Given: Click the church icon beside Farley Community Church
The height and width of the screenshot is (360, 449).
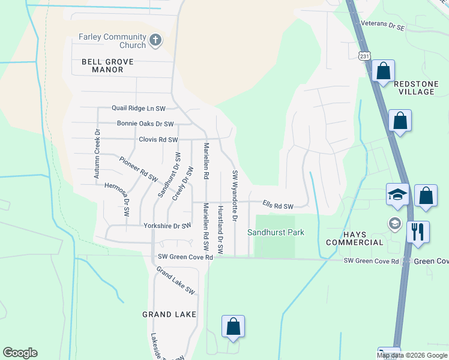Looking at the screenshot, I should click(x=155, y=41).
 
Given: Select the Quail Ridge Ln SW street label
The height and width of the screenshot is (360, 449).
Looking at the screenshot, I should click(x=138, y=109).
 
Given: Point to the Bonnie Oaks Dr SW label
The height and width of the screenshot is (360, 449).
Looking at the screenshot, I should click(x=145, y=124).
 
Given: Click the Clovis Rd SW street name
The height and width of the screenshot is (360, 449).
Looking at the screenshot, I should click(x=158, y=140).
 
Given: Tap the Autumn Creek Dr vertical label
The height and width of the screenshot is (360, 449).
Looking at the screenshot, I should click(x=95, y=153).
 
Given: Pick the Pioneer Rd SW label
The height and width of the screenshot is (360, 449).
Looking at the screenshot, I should click(x=137, y=170).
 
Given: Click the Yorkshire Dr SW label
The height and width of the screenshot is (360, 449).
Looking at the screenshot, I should click(x=167, y=226).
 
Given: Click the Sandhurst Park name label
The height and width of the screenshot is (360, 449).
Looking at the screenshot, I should click(x=276, y=232).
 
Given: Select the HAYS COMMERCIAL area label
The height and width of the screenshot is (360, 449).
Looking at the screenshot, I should click(x=354, y=238).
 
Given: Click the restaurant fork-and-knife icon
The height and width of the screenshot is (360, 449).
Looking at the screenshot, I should click(x=418, y=232).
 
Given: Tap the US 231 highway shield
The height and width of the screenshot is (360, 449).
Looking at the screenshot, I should click(x=364, y=56).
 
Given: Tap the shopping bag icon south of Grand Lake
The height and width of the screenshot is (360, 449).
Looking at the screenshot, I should click(x=234, y=327).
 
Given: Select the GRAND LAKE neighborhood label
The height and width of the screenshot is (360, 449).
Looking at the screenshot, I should click(x=169, y=314).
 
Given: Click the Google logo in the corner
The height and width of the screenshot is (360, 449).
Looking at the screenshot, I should click(x=20, y=353).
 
